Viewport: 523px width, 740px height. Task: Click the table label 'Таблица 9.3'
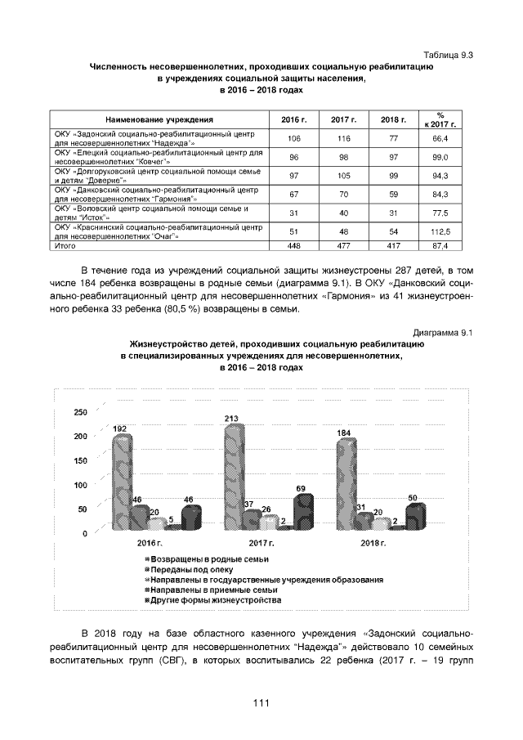[449, 55]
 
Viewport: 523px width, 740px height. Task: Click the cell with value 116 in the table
[344, 138]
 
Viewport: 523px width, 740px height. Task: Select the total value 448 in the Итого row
[294, 245]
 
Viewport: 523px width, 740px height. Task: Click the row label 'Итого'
[65, 245]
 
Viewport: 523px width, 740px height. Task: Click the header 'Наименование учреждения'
[159, 120]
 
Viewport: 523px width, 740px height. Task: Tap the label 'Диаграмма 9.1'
[445, 333]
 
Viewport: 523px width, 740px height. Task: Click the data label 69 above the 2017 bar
[301, 488]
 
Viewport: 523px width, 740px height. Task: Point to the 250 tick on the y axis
[80, 412]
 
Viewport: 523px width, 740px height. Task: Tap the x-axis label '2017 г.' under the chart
[260, 543]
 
